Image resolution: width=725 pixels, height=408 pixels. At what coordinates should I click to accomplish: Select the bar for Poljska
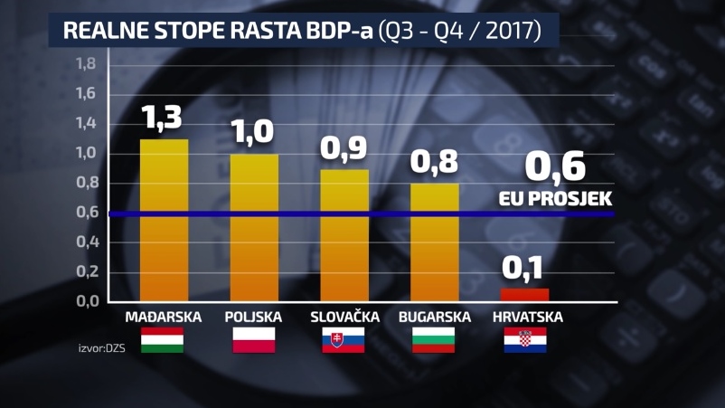pos(254,227)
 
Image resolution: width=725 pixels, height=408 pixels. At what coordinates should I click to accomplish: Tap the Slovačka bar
pos(344,235)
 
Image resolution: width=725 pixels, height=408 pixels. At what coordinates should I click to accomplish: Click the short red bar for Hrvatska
pos(525,294)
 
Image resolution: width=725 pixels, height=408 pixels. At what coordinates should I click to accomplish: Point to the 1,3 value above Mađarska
pos(164,117)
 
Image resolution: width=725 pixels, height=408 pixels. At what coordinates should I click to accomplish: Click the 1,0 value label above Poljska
pos(254,132)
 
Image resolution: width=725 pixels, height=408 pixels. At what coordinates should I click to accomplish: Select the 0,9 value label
pos(344,148)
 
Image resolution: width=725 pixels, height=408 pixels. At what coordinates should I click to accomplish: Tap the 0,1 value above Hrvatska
pos(525,268)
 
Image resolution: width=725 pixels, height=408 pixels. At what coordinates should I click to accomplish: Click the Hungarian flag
pos(162,340)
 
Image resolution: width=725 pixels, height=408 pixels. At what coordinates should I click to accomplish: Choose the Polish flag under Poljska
pos(254,340)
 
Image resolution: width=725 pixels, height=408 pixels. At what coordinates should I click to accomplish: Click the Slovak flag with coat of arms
pos(344,340)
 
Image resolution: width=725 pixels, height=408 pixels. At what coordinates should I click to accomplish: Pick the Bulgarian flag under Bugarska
pos(434,340)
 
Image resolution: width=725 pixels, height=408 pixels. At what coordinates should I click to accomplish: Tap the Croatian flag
pos(525,340)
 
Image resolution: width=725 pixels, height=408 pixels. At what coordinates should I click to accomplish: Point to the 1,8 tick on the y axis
pos(86,64)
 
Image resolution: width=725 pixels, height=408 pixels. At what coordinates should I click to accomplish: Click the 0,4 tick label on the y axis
pos(86,242)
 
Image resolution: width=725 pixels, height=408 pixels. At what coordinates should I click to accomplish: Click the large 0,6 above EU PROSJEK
pos(555,167)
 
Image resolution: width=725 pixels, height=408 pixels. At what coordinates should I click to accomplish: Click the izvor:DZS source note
pos(102,346)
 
